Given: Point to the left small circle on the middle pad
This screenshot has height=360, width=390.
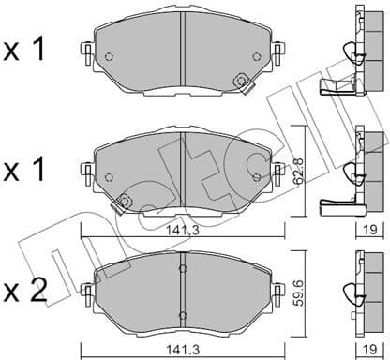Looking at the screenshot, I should click(x=109, y=174).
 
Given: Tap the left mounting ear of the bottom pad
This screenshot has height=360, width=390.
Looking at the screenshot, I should click(x=89, y=286).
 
